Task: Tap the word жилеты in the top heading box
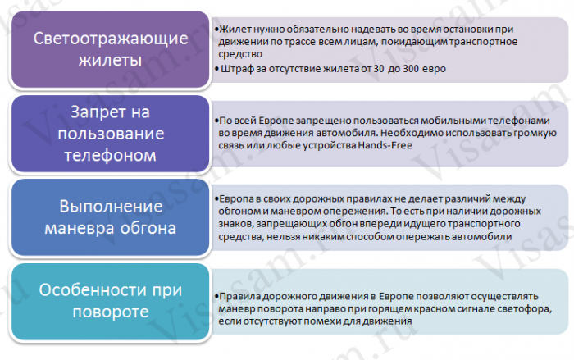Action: pos(110,61)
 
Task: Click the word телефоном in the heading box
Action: pos(110,156)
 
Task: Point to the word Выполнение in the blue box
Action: pos(111,207)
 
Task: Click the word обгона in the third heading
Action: pos(148,229)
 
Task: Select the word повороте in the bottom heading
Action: pos(110,312)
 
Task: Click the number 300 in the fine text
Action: pos(411,69)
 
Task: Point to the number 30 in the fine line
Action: pos(379,69)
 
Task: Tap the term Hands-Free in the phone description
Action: pos(385,145)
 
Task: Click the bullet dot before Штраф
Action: pos(217,69)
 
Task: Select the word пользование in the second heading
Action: pos(111,134)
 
